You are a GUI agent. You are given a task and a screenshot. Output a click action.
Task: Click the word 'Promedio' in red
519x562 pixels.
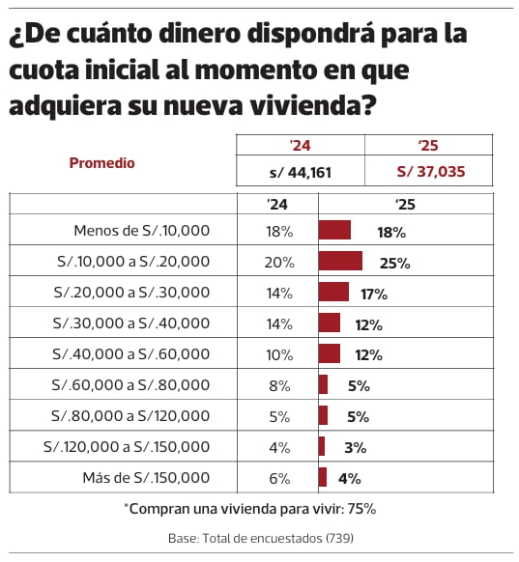101,163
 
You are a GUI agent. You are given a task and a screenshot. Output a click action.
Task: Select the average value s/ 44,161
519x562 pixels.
300,172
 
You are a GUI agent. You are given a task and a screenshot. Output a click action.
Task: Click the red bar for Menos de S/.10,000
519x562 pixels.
334,231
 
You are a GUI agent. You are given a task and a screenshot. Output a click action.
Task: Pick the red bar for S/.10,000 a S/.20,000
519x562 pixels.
340,262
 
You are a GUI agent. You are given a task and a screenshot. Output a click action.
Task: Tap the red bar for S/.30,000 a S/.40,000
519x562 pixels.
330,323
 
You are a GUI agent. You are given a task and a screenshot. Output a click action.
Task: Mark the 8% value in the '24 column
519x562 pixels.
279,385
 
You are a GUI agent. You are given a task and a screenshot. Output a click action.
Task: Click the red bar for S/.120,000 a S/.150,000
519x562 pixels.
322,446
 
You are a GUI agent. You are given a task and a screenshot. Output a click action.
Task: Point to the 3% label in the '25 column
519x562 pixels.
354,447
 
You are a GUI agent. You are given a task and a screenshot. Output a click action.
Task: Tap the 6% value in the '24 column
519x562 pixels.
279,477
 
